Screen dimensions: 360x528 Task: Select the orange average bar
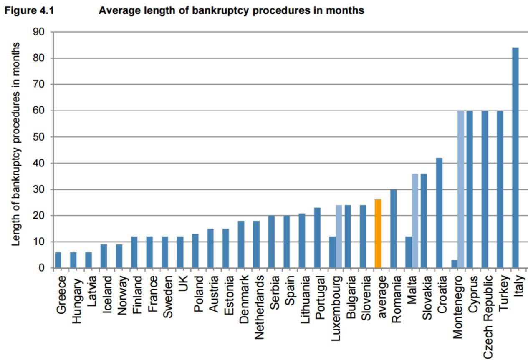(x=378, y=234)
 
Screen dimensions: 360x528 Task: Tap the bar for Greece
(x=58, y=260)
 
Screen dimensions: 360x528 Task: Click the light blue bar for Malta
(x=415, y=221)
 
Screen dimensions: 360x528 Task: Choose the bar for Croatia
(x=439, y=213)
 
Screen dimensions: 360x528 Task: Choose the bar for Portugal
(x=317, y=238)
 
